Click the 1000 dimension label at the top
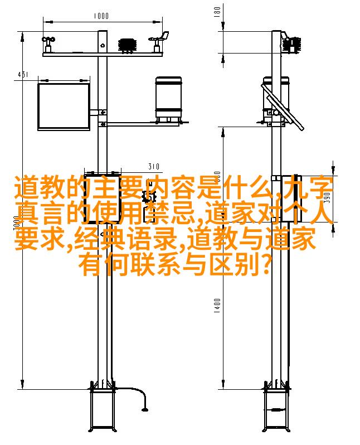pyautogui.click(x=101, y=16)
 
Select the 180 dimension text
pyautogui.click(x=217, y=12)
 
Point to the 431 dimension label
pyautogui.click(x=23, y=74)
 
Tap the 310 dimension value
pyautogui.click(x=154, y=166)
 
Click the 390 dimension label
pyautogui.click(x=327, y=198)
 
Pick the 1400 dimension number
pyautogui.click(x=217, y=306)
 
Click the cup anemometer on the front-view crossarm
pyautogui.click(x=48, y=44)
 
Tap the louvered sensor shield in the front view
pyautogui.click(x=128, y=45)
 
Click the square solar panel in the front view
pyautogui.click(x=64, y=107)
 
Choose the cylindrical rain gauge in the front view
pyautogui.click(x=168, y=99)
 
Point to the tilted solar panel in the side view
pyautogui.click(x=283, y=107)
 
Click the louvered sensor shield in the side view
pyautogui.click(x=291, y=45)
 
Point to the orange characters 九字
pyautogui.click(x=308, y=187)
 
